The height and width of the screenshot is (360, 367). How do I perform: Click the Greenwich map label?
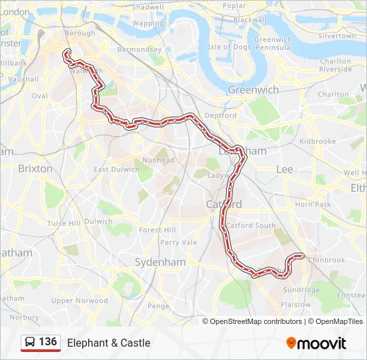253,89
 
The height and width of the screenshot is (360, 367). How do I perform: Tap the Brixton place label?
35,169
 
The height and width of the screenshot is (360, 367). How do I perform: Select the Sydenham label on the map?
160,262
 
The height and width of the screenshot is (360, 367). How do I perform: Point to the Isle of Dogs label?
229,47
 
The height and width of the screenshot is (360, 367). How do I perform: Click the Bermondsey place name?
139,49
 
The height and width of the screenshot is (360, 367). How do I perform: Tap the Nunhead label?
158,160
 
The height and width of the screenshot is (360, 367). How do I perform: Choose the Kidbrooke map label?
318,141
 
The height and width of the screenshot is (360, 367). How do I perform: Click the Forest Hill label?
157,229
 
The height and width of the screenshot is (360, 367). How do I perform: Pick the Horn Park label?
313,204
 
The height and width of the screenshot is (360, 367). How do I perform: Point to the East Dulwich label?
117,169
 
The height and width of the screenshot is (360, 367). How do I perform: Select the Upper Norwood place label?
79,301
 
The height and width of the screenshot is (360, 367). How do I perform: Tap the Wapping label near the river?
147,23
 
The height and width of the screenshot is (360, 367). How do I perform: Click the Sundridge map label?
301,290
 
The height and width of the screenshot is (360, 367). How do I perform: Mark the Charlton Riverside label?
335,65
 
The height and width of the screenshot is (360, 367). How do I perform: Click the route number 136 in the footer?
47,342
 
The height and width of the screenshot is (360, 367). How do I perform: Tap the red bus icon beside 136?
30,343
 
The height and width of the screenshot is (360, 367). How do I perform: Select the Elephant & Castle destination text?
109,343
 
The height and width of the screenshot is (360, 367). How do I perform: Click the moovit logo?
316,343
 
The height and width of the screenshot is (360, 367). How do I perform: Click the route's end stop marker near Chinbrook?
302,255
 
